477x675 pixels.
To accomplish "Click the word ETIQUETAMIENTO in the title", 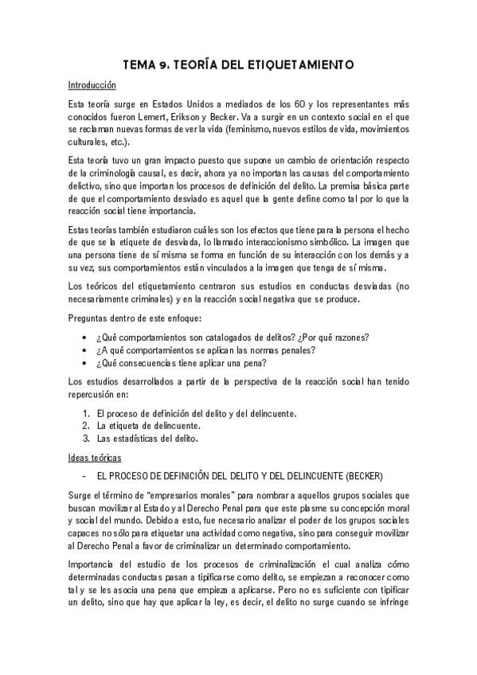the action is [292, 64].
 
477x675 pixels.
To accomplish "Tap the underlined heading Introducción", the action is [92, 84].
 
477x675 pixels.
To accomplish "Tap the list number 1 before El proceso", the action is [85, 413].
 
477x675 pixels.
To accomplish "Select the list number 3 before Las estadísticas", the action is [85, 439].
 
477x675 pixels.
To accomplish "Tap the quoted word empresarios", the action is [178, 495].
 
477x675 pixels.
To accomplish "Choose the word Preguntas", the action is [89, 318].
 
